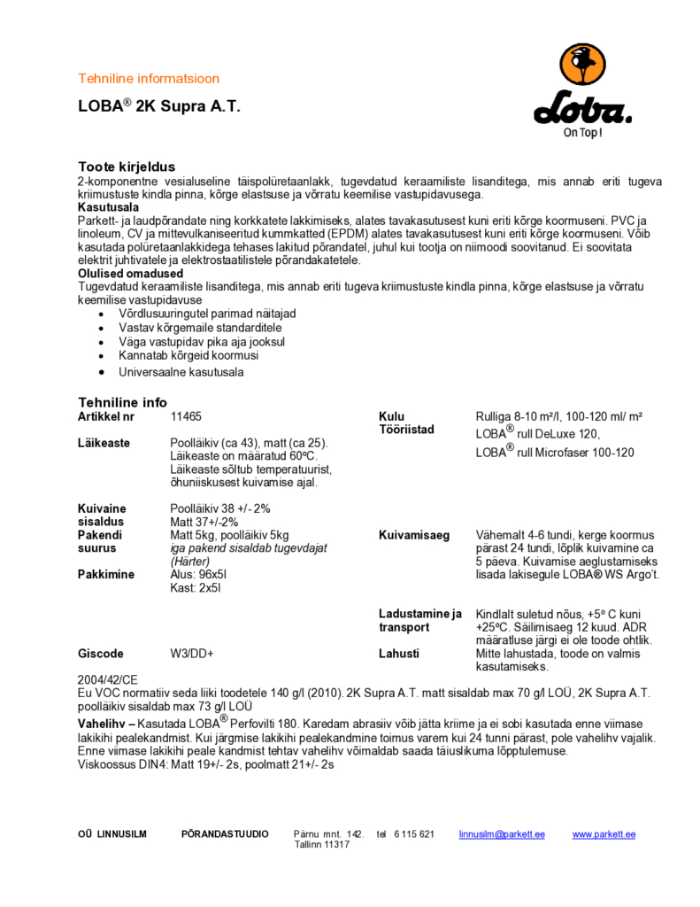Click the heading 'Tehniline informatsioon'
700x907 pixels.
pyautogui.click(x=149, y=79)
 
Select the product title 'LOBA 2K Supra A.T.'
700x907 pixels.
pyautogui.click(x=158, y=106)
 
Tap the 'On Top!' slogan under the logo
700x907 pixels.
pyautogui.click(x=583, y=134)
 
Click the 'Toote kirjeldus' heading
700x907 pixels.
pyautogui.click(x=127, y=167)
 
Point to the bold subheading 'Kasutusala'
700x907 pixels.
pyautogui.click(x=108, y=206)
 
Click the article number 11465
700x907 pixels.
pyautogui.click(x=185, y=416)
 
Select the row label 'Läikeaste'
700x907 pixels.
pyautogui.click(x=104, y=443)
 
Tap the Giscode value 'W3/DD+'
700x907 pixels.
pyautogui.click(x=191, y=654)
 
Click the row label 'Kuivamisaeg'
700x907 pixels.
pyautogui.click(x=414, y=536)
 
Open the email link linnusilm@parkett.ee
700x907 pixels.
pyautogui.click(x=502, y=834)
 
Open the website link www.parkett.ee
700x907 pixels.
pyautogui.click(x=604, y=834)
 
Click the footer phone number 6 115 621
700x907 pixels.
pyautogui.click(x=414, y=834)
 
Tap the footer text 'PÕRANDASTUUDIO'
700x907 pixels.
pyautogui.click(x=225, y=834)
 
